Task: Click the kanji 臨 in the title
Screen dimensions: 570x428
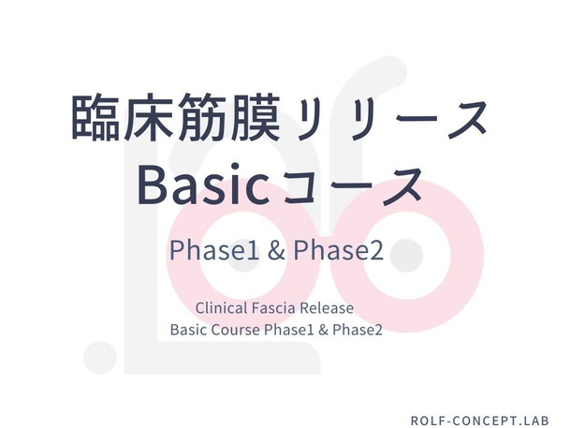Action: click(x=96, y=117)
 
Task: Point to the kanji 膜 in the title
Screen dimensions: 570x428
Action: click(x=255, y=117)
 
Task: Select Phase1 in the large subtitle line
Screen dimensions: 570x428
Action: click(x=214, y=250)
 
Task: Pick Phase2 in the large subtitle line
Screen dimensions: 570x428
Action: click(x=339, y=250)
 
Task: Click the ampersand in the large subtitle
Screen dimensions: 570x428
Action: click(x=276, y=250)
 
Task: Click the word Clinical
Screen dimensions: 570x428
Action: click(x=222, y=308)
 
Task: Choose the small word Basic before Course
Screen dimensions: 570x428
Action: click(x=189, y=330)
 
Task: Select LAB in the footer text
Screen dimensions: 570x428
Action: click(x=535, y=421)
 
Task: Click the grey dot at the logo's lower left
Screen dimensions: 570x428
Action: click(x=100, y=358)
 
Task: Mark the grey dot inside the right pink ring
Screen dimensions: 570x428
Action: click(x=407, y=256)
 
